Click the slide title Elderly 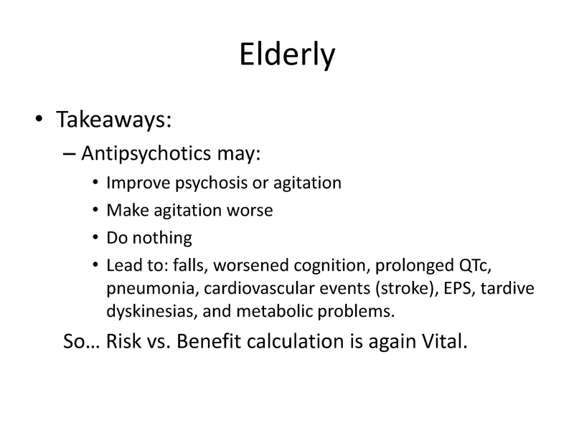point(286,55)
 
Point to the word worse point(253,211)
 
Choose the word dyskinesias point(141,312)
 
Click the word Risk point(125,341)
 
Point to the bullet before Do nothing point(97,239)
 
